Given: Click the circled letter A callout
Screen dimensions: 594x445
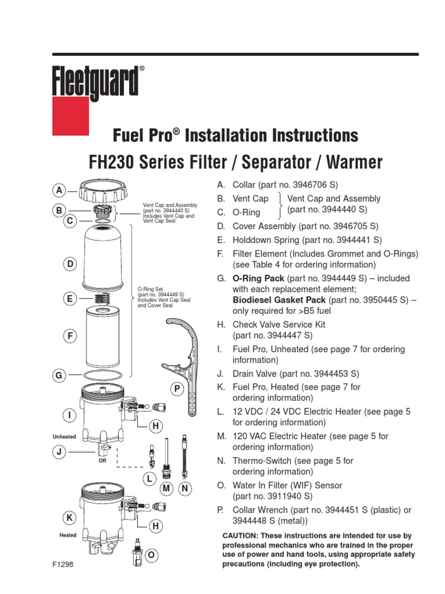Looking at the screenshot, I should pos(59,190).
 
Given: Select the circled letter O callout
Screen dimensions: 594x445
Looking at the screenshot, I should pos(151,556).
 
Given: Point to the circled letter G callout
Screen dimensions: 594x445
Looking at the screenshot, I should pos(59,376).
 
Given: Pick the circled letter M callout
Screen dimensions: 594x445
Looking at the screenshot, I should pos(167,489).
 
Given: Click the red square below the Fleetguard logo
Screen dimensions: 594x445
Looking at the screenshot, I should pos(71,115).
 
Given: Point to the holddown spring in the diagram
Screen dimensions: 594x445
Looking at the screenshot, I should pos(102,299).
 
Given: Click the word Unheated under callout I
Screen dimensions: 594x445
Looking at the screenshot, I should pos(64,436).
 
